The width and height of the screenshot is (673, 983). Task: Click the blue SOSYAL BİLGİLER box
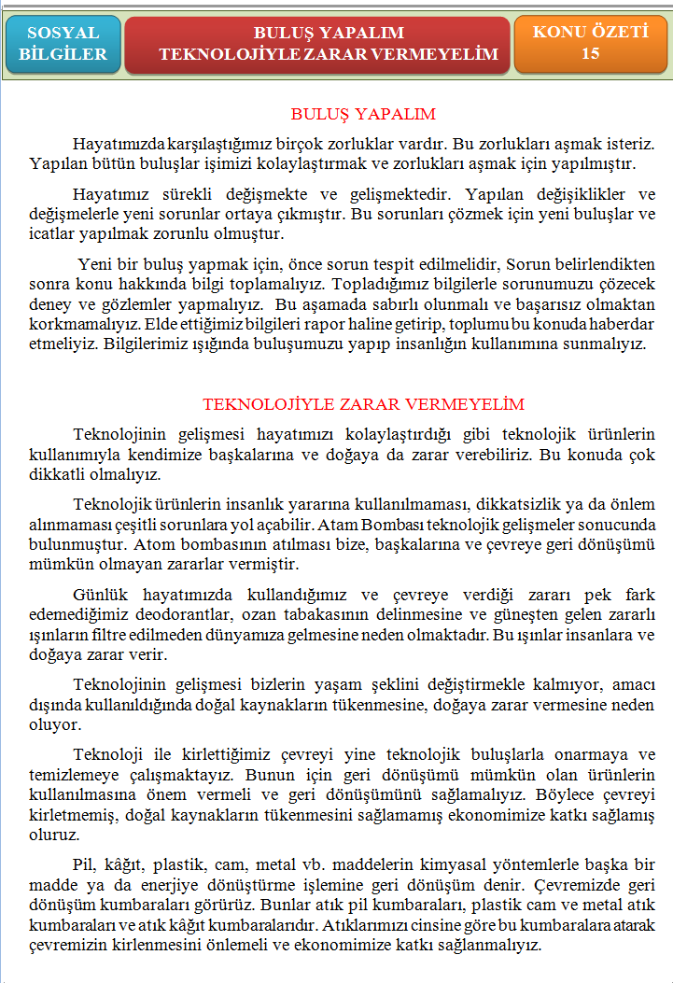tap(63, 44)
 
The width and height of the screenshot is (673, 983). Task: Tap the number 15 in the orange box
tap(590, 54)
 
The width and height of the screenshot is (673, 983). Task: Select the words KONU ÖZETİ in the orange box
tap(590, 33)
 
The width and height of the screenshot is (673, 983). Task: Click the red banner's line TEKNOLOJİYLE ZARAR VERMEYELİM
tap(329, 55)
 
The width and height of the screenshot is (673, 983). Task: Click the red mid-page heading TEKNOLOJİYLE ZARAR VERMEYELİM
tap(363, 404)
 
